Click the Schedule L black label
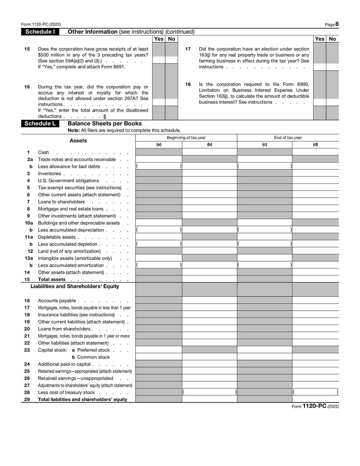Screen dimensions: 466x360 [x=40, y=123]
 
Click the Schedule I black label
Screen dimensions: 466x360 [x=40, y=32]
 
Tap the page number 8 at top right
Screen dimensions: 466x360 [x=337, y=24]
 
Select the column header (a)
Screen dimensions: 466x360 [x=159, y=145]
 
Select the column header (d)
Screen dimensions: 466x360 [x=315, y=145]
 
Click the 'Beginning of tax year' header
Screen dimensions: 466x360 [x=186, y=138]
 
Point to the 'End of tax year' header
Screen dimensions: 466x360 [x=288, y=138]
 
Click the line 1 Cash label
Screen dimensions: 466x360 [x=44, y=153]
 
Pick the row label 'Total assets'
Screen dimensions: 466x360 [x=52, y=280]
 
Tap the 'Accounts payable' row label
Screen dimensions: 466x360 [x=57, y=301]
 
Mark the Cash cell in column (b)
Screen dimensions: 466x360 [x=209, y=152]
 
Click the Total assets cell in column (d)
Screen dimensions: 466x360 [x=315, y=279]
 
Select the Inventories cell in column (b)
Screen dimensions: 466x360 [x=209, y=173]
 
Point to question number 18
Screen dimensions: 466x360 [x=188, y=84]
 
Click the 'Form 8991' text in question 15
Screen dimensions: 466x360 [x=114, y=67]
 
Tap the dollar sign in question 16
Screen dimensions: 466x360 [x=104, y=117]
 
